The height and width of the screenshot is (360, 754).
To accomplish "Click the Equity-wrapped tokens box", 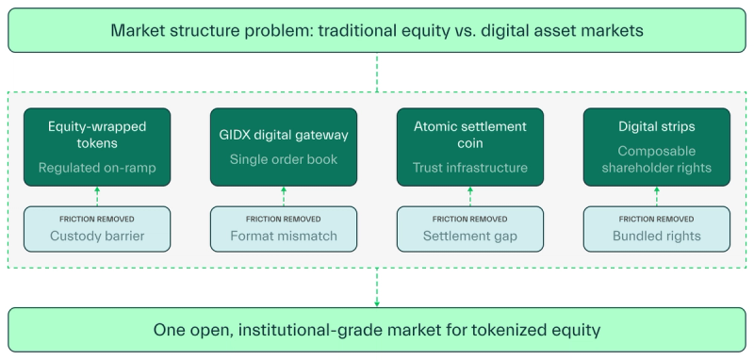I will pyautogui.click(x=97, y=146).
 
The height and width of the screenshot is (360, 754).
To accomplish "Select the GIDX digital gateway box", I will pyautogui.click(x=284, y=146).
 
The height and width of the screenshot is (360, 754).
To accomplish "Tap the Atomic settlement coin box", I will pyautogui.click(x=469, y=146).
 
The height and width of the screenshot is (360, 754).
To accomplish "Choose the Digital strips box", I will pyautogui.click(x=656, y=146).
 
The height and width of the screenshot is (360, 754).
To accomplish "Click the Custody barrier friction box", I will pyautogui.click(x=97, y=228).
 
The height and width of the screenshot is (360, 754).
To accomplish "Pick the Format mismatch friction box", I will pyautogui.click(x=284, y=228).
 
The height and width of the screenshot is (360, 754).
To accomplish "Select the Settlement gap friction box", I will pyautogui.click(x=469, y=228).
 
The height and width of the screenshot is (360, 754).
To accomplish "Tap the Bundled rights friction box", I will pyautogui.click(x=656, y=228).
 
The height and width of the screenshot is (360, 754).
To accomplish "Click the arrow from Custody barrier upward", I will pyautogui.click(x=97, y=195).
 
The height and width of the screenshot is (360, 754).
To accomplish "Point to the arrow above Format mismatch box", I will pyautogui.click(x=284, y=195).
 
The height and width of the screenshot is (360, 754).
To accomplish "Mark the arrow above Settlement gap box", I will pyautogui.click(x=469, y=195).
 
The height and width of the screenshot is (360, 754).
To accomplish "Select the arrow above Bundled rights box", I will pyautogui.click(x=656, y=195).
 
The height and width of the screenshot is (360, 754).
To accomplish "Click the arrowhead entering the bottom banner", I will pyautogui.click(x=377, y=303).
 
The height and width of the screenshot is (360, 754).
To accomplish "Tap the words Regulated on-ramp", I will pyautogui.click(x=97, y=168).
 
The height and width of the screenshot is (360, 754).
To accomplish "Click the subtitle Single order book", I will pyautogui.click(x=284, y=159).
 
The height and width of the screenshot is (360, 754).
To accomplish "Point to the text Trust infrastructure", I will pyautogui.click(x=469, y=168).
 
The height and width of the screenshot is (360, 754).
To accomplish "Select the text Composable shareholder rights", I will pyautogui.click(x=656, y=159).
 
